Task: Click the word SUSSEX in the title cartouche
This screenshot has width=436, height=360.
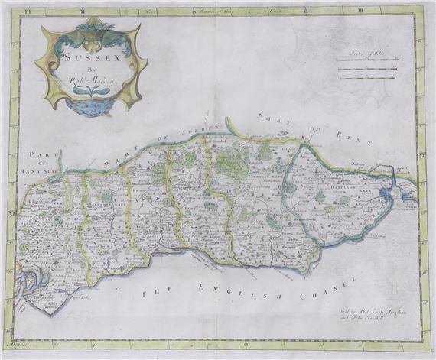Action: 91,56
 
